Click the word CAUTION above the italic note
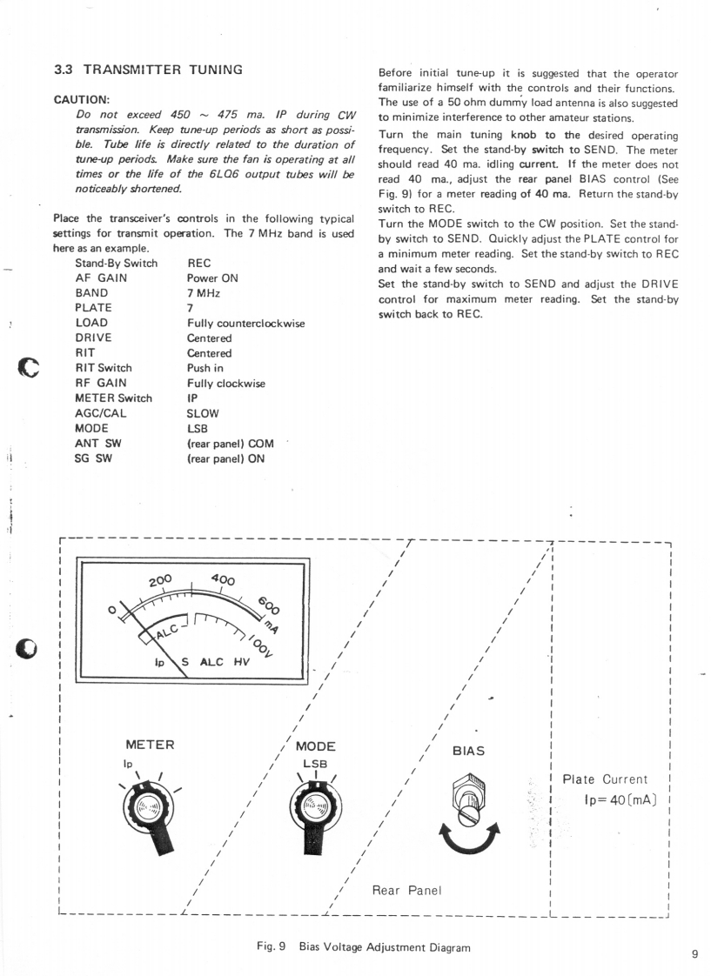[x=78, y=100]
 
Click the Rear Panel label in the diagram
[x=407, y=890]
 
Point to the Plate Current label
[x=605, y=779]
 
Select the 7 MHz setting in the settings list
[x=203, y=293]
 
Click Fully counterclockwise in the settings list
[x=245, y=323]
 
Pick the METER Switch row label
[x=113, y=398]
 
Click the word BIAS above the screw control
[x=467, y=751]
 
